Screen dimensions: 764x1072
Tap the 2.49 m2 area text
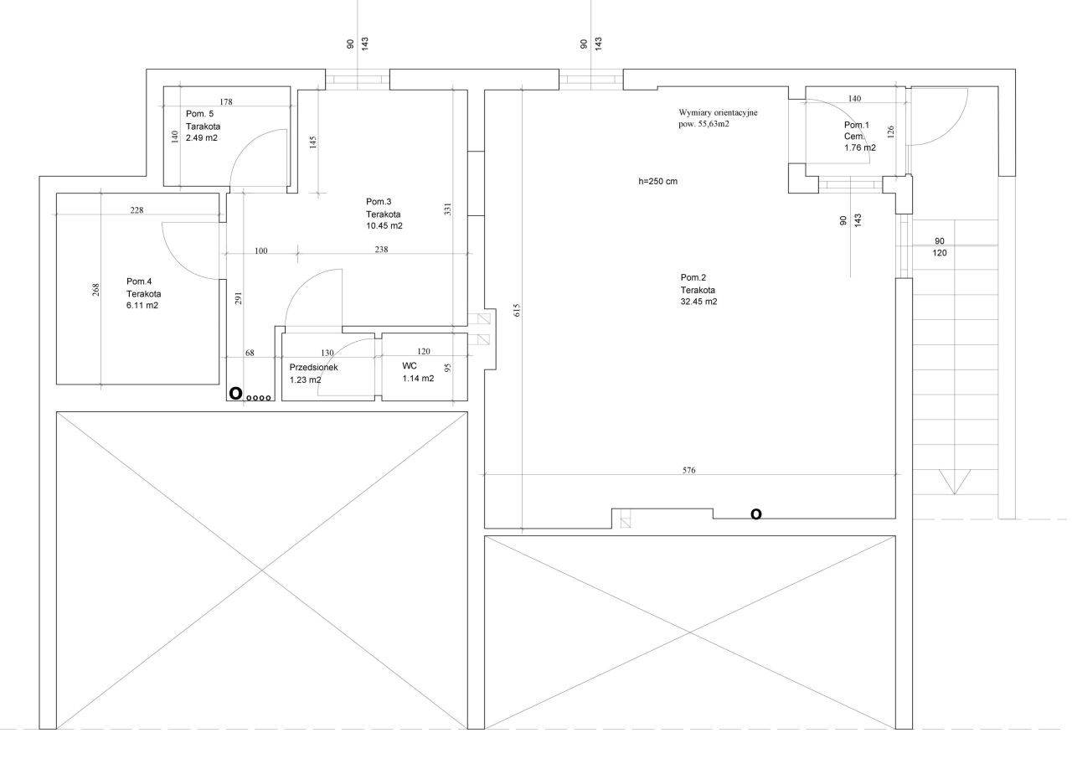(202, 137)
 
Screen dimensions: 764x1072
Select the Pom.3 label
(379, 201)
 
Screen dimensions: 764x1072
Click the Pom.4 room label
(140, 281)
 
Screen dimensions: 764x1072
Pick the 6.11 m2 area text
(142, 306)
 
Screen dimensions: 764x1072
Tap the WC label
(410, 366)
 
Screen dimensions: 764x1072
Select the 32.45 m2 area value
(698, 302)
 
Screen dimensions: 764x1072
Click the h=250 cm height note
(657, 181)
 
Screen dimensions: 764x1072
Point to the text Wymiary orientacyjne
(718, 111)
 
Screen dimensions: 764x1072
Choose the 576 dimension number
(689, 470)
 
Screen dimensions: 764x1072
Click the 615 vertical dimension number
(518, 309)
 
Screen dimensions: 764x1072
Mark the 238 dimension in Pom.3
(381, 250)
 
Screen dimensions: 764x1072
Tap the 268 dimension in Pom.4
(95, 290)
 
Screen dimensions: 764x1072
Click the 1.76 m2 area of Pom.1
(860, 147)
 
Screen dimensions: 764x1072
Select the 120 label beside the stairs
(939, 252)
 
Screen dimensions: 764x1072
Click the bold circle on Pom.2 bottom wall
(756, 514)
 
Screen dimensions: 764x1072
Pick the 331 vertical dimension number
(448, 209)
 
